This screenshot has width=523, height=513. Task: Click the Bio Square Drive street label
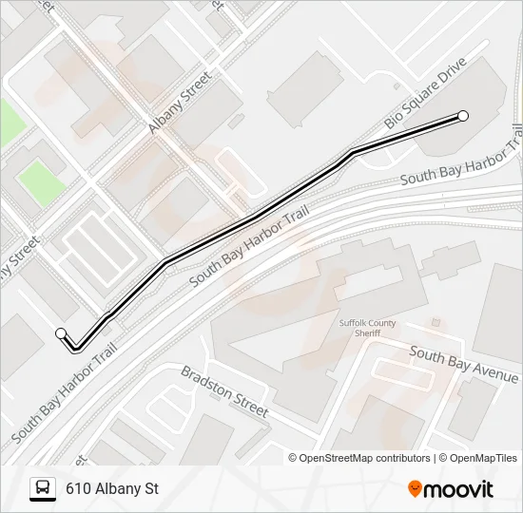coord(425,93)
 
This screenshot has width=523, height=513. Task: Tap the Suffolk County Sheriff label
coord(360,328)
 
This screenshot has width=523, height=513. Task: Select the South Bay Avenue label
coord(464,363)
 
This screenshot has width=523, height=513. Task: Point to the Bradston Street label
coord(224,390)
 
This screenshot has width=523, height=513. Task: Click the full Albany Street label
coord(179,101)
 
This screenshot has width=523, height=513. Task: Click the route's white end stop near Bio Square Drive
coord(463,116)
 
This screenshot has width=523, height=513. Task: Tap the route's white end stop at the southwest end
coord(62,332)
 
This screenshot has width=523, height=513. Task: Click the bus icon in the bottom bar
coord(42,489)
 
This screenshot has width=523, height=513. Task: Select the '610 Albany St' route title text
coord(111,489)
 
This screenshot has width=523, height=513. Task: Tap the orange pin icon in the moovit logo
coord(415,489)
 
